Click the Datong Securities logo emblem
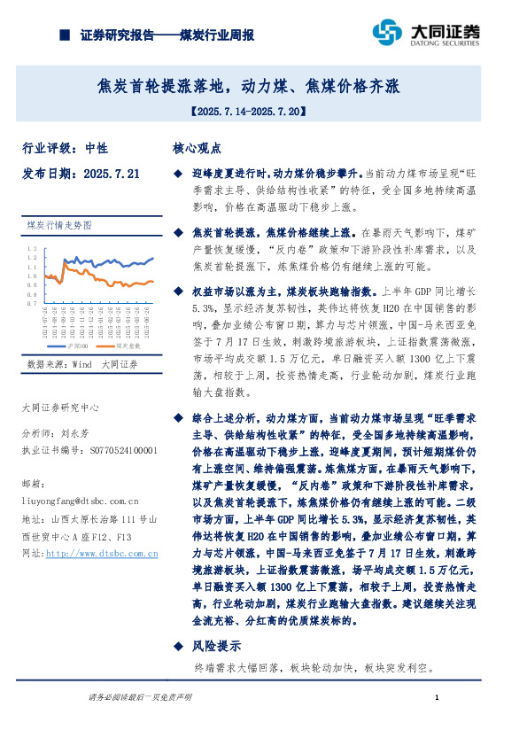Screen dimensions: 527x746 [386, 32]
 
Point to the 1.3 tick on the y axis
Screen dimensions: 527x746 [32, 248]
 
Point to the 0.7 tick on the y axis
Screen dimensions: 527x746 [32, 303]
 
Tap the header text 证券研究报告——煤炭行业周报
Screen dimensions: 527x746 [167, 35]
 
